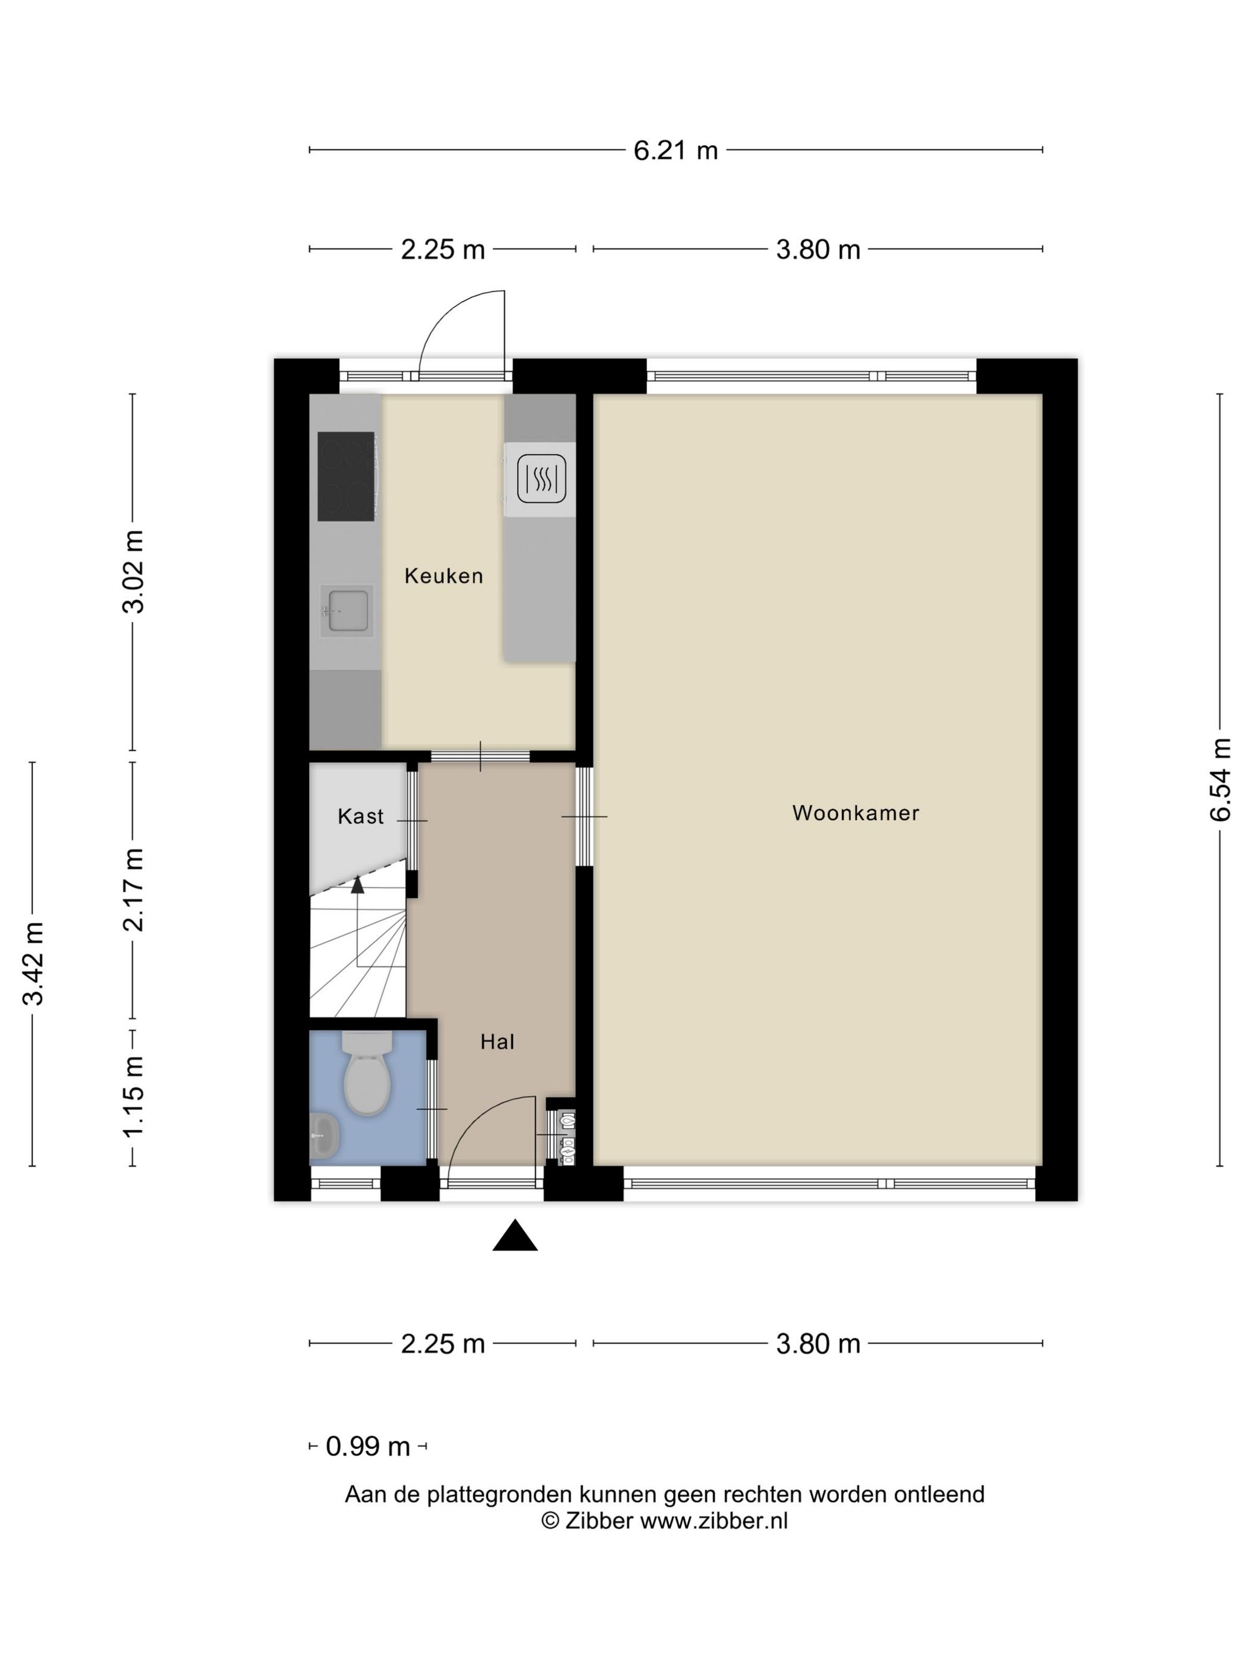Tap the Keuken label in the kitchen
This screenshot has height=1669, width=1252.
[x=443, y=576]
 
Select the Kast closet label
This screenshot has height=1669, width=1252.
[x=361, y=817]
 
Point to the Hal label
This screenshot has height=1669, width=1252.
[x=497, y=1042]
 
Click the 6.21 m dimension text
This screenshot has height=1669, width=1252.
[x=675, y=150]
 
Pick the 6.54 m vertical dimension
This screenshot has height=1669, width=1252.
[x=1220, y=780]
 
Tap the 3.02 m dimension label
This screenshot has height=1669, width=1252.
[x=134, y=572]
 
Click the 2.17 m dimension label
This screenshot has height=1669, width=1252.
[x=134, y=889]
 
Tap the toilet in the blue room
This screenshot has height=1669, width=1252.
[x=367, y=1073]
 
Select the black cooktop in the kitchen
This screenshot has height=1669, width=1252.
[x=346, y=476]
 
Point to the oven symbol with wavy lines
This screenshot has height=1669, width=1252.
[x=541, y=479]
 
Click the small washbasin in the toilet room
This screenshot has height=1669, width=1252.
[x=324, y=1136]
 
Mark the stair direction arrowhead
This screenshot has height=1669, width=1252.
[x=358, y=885]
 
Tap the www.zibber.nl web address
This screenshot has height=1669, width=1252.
[x=714, y=1521]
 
